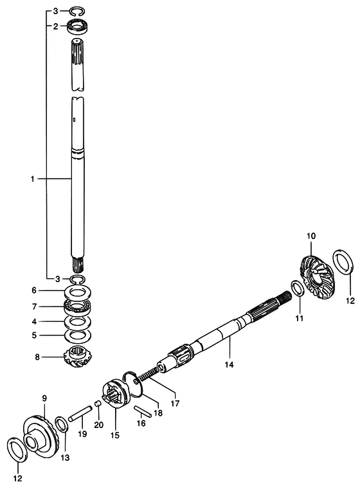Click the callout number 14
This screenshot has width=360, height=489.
pos(229,364)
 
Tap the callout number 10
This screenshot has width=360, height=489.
pos(311,236)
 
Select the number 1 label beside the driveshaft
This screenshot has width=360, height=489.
pos(32,179)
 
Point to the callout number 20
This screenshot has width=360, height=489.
pos(98,425)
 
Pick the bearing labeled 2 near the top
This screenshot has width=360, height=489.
pos(78,26)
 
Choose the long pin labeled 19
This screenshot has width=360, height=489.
pos(80,414)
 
